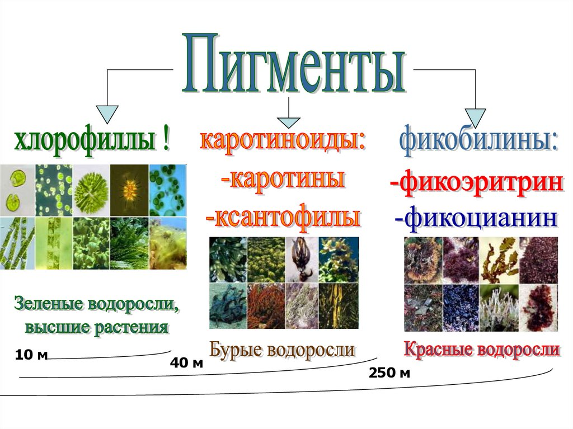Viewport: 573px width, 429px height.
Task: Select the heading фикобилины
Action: [x=478, y=142]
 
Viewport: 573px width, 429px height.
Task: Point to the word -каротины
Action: [x=283, y=179]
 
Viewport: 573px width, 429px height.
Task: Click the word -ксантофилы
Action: [x=283, y=217]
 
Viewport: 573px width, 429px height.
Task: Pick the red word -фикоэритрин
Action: [x=477, y=183]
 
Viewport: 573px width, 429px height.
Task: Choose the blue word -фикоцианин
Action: [x=476, y=219]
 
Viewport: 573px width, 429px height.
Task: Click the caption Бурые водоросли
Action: [x=282, y=350]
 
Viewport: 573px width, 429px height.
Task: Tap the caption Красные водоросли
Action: [x=482, y=349]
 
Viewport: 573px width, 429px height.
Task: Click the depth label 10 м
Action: [x=31, y=355]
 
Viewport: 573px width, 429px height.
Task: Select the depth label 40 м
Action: [x=186, y=363]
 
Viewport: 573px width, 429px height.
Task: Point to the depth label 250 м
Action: [x=389, y=373]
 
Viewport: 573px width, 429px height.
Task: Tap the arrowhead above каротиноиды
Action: [x=289, y=122]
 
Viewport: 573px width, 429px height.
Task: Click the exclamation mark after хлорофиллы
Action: [x=166, y=140]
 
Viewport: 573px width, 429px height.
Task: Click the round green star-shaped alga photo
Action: [x=91, y=190]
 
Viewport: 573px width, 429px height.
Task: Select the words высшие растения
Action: [x=96, y=327]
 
